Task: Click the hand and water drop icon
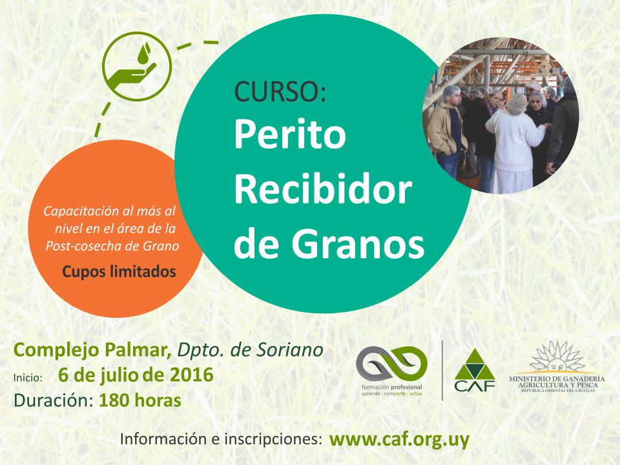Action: coord(137,67)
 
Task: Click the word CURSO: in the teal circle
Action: coord(280,91)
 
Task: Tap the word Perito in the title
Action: coord(290,134)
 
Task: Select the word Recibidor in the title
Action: coord(323,189)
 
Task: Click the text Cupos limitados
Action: coord(119,272)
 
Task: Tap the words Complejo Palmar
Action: coord(92,350)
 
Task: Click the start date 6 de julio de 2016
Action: coord(136,375)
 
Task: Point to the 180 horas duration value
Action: coord(140,400)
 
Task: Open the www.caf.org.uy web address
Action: coord(399,440)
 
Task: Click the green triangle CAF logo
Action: coord(475,370)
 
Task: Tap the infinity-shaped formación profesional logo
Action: coord(391,362)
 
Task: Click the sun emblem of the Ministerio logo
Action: coord(557,356)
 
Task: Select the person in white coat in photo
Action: coord(514,144)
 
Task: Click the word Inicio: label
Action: coord(28,378)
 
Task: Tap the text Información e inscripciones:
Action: coord(221,439)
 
